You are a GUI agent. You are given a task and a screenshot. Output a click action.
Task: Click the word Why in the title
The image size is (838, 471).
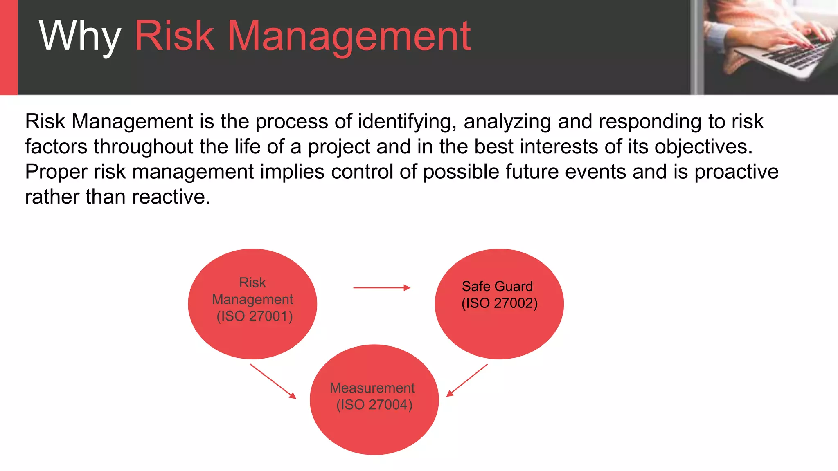[x=79, y=37]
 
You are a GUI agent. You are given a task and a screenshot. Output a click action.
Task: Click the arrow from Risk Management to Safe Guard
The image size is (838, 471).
[x=381, y=288]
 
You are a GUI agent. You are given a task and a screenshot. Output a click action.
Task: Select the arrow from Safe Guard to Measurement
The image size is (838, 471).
[x=467, y=380]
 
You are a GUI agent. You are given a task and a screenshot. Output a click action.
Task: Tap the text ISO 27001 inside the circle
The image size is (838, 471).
[x=255, y=316]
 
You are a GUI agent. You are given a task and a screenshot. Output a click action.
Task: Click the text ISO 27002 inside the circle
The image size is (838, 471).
[x=499, y=303]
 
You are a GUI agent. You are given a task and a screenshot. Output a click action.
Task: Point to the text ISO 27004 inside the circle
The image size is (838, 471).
[x=374, y=405]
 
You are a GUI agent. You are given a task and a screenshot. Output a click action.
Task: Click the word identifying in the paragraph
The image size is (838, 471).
[x=405, y=121]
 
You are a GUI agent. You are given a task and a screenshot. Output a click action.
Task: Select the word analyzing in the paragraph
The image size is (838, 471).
[x=507, y=121]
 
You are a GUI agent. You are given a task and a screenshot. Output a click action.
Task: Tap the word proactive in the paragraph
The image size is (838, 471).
[x=736, y=172]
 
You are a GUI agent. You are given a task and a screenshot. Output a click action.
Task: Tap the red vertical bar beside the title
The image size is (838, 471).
[x=9, y=47]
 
